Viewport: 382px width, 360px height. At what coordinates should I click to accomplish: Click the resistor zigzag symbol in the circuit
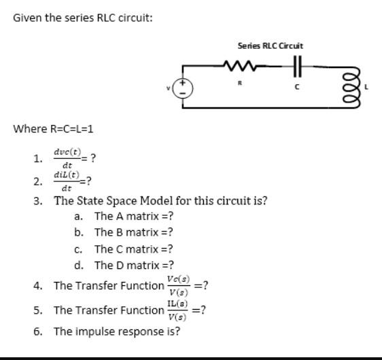pyautogui.click(x=239, y=67)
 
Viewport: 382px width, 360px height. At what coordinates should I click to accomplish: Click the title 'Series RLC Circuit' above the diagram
pyautogui.click(x=271, y=46)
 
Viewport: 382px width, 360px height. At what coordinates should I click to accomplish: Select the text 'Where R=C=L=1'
pyautogui.click(x=53, y=129)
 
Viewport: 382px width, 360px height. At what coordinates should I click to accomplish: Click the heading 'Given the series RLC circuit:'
pyautogui.click(x=83, y=18)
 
